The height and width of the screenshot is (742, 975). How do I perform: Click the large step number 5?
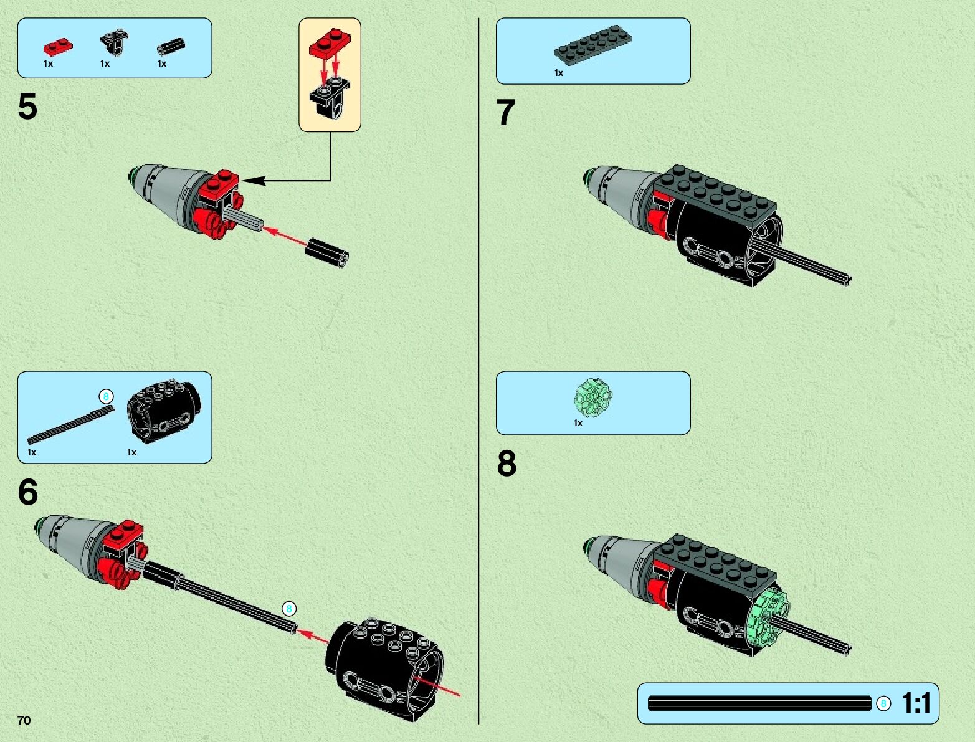coord(27,107)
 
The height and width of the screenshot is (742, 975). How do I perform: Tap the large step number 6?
coord(27,492)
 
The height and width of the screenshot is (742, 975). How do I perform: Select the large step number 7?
coord(506,112)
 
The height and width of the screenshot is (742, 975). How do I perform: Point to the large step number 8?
coord(507,463)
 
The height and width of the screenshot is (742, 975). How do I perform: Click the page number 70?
coord(24,720)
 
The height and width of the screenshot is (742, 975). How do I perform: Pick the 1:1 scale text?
coord(917,703)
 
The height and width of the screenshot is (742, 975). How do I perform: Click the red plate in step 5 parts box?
coord(58,47)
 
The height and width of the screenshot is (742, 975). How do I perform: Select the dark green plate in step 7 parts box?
coord(593,45)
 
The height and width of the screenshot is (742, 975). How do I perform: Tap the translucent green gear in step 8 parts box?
coord(592,397)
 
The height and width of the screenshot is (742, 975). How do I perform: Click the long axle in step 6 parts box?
coord(70,425)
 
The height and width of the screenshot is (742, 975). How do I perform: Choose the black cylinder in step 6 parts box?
coord(164,411)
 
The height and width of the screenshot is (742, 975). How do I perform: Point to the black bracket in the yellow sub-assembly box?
coord(330,98)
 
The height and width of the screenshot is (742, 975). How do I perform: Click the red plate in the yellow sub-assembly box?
coord(330,44)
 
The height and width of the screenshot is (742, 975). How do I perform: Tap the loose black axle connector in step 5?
coord(327,252)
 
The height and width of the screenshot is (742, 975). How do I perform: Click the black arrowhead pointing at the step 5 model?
coord(254,181)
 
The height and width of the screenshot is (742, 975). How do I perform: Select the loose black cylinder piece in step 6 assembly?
coord(384,668)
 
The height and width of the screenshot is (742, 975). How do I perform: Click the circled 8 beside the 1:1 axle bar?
coord(883,703)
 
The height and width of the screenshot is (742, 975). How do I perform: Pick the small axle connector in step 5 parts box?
coord(171,46)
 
